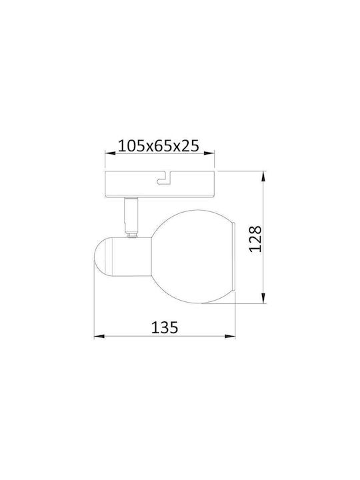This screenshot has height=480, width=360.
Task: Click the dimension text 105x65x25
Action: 159,146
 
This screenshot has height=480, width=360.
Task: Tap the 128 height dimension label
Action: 255,239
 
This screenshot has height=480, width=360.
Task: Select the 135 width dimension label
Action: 165,327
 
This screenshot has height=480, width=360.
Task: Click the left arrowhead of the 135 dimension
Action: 99,337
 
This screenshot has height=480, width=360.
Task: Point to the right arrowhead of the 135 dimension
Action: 230,337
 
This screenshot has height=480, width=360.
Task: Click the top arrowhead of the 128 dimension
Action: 263,177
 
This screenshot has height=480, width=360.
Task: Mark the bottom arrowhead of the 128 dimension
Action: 263,298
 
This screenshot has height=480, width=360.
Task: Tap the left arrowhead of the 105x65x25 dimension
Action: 110,152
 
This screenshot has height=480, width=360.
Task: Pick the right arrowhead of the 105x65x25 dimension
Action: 209,152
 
